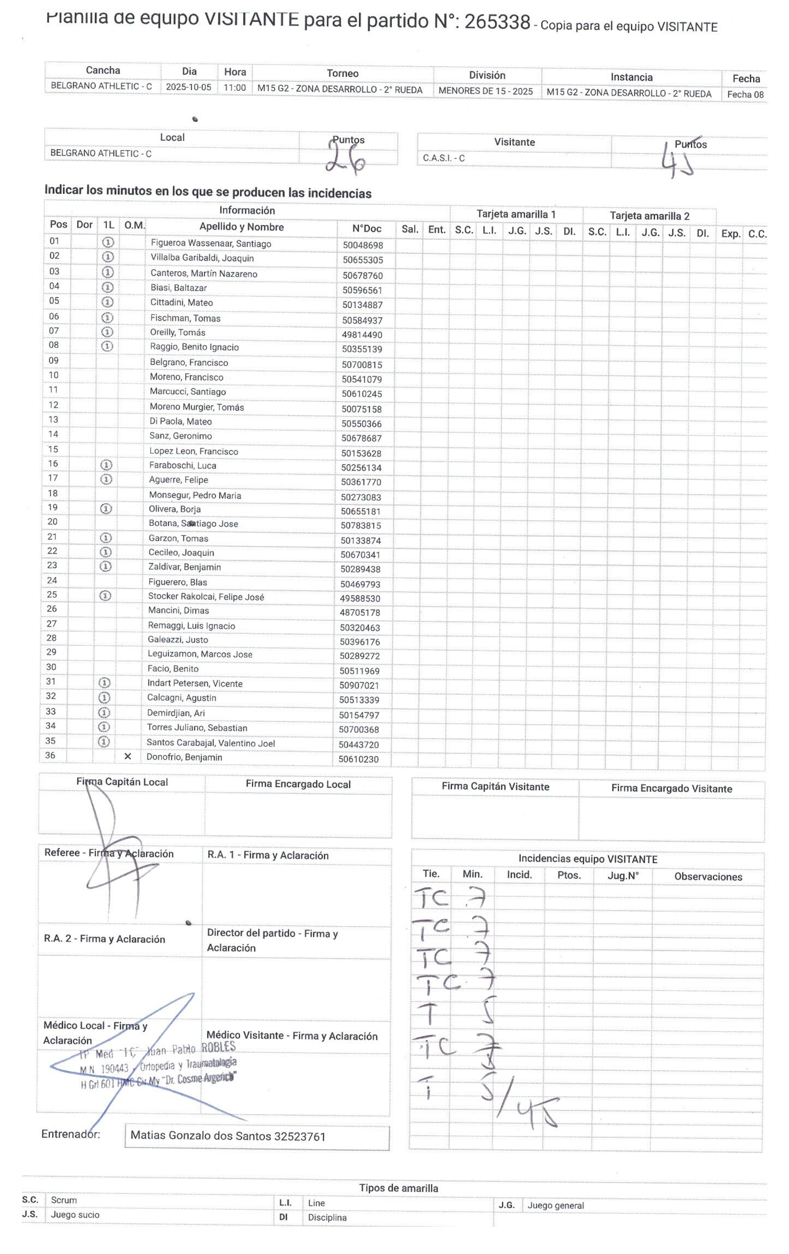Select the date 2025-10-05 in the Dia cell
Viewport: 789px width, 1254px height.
(x=188, y=87)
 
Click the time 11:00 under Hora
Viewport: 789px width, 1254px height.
(x=235, y=88)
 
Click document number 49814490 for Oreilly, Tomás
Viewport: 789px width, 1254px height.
(x=362, y=335)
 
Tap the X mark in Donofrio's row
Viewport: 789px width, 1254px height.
(x=128, y=756)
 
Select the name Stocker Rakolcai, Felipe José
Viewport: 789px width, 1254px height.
(x=206, y=597)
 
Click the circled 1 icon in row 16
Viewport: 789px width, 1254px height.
(x=107, y=465)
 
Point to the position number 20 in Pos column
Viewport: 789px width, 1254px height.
(x=52, y=522)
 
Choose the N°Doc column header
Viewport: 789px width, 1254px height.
(x=366, y=229)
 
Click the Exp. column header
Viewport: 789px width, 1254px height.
(x=730, y=234)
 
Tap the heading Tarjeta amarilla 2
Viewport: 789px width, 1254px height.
(x=649, y=216)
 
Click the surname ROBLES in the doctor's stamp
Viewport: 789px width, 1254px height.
(x=218, y=1047)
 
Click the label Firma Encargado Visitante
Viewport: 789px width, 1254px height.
(x=671, y=788)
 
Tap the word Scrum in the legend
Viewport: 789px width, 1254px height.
(x=64, y=1200)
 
